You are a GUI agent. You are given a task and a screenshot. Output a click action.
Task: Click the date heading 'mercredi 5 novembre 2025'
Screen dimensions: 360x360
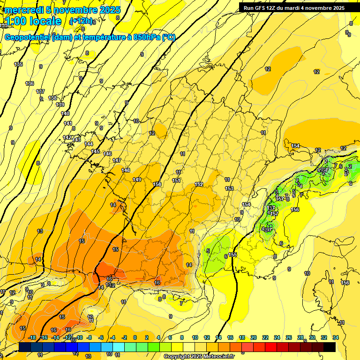point(62,10)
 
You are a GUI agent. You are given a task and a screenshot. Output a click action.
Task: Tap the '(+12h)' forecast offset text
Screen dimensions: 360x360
point(82,22)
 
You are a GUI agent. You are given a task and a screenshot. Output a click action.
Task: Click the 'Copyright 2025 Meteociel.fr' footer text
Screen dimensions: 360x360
point(199,357)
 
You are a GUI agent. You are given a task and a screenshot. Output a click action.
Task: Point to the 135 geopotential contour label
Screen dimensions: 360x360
point(18,64)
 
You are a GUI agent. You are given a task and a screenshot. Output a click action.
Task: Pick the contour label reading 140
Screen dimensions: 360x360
point(65,113)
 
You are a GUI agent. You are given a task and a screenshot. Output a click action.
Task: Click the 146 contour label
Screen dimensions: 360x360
point(107,154)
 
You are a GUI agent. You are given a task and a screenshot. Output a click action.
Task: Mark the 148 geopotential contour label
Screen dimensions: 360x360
point(126,170)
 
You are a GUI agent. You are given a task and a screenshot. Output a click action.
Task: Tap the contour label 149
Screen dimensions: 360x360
point(137,180)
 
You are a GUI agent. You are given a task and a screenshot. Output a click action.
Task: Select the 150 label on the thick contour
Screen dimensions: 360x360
point(157,184)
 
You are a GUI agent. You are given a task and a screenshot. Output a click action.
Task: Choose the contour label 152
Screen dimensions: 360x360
point(199,184)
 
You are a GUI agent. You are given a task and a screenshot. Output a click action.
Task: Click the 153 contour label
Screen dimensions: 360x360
point(229,188)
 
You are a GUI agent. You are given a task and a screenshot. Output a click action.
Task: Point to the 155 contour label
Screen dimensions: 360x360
point(233,255)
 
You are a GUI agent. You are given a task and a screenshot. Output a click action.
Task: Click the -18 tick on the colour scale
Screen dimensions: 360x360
point(32,337)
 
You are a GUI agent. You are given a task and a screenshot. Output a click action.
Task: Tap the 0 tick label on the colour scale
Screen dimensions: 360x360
point(135,337)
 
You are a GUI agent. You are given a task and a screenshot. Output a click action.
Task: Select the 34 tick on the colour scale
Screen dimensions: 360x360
point(336,337)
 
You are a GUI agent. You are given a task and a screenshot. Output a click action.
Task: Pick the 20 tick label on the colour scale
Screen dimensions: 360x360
point(253,337)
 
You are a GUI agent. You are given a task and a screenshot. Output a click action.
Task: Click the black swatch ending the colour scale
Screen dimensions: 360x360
point(330,347)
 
